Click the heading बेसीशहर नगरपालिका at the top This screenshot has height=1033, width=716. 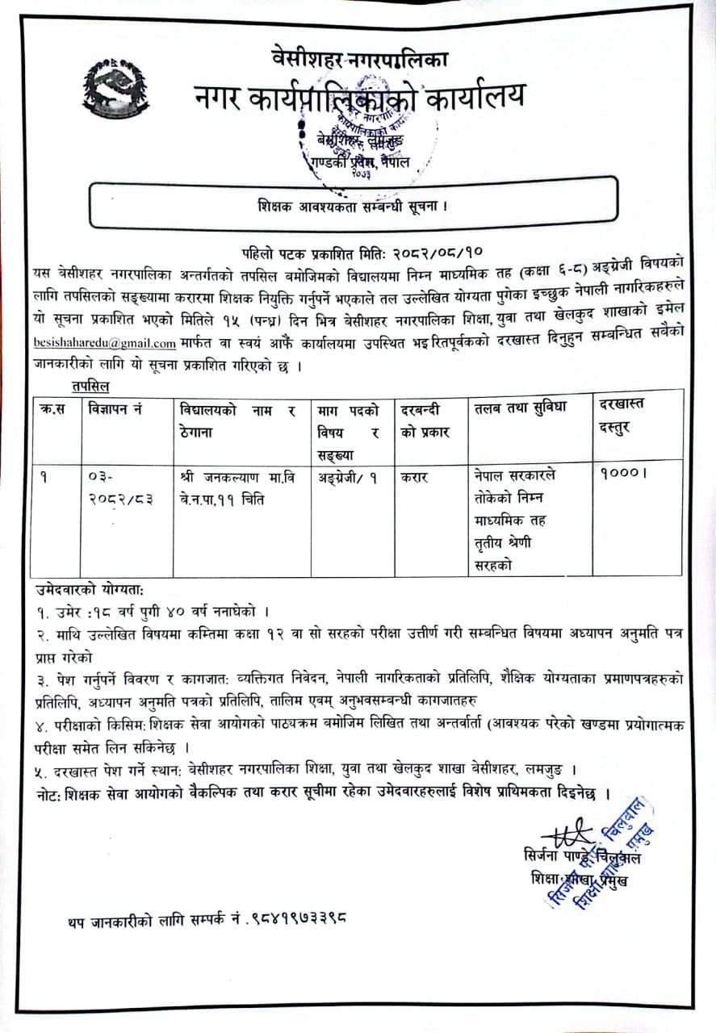361,58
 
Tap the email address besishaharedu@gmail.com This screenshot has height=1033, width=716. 105,342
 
